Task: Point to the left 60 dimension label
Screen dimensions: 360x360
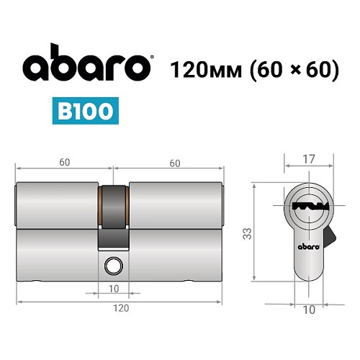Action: pos(65,163)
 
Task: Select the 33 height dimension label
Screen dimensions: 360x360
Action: pos(247,232)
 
